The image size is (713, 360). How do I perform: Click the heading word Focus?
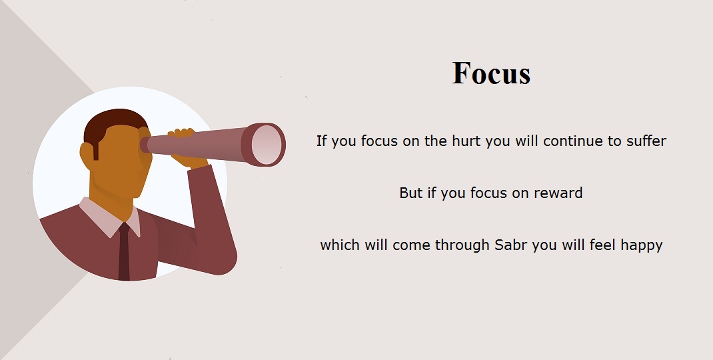tap(492, 73)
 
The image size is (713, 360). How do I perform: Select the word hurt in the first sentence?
tap(466, 141)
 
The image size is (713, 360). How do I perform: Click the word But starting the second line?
tap(410, 193)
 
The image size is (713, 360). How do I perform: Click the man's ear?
tap(87, 155)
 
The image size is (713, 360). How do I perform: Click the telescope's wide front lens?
tap(266, 145)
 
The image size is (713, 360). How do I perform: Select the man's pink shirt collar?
tap(110, 217)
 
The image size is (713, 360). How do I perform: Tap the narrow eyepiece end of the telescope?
tap(144, 145)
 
